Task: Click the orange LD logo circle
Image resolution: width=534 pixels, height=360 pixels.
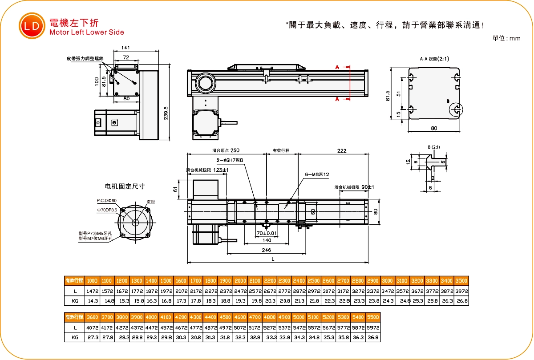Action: click(32, 26)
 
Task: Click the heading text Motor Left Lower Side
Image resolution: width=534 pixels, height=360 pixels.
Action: click(87, 32)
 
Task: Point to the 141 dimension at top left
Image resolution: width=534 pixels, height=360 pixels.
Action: click(125, 48)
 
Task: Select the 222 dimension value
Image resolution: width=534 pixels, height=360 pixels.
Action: click(341, 151)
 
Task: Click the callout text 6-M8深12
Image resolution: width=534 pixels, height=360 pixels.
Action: click(317, 174)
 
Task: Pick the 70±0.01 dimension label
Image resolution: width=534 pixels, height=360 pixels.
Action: click(267, 233)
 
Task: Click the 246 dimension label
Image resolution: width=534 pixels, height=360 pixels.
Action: click(267, 250)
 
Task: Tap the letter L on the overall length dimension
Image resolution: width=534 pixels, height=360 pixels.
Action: click(272, 259)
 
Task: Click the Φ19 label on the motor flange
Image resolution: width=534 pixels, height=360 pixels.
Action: click(151, 202)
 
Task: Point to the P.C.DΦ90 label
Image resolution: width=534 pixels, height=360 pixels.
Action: click(107, 201)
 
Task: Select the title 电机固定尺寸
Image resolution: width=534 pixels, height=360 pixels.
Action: click(125, 186)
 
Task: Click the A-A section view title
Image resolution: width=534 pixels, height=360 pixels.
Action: click(431, 59)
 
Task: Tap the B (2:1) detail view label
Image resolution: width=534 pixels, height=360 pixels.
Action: click(434, 147)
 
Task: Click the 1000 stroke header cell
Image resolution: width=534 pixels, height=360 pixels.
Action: click(92, 281)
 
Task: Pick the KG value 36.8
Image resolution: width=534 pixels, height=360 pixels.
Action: click(373, 338)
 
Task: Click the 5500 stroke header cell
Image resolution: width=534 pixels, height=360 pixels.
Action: click(373, 317)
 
